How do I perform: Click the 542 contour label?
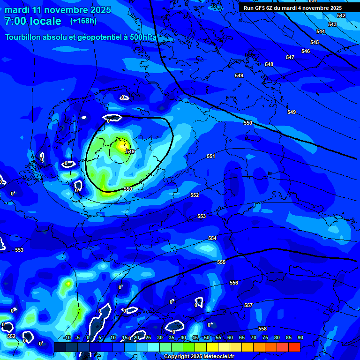coord(341,16)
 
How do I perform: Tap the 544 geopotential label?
coord(321,31)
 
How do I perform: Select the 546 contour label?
coord(306,51)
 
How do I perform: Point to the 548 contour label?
coord(269,64)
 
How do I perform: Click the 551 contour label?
coord(211,156)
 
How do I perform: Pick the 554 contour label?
coord(212,239)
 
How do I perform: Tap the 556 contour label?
coord(234,283)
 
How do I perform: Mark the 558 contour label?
coord(262,329)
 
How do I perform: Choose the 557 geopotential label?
coord(248,305)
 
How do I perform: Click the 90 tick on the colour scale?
coord(300,337)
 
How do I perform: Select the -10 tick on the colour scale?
coord(67,337)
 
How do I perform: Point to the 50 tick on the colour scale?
coord(207,337)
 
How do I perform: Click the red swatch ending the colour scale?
coord(294,347)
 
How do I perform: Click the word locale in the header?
coord(45,21)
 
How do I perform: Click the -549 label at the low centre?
coord(129,151)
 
